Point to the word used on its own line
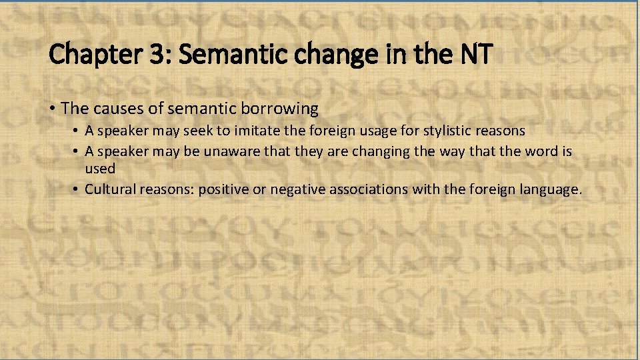coord(100,169)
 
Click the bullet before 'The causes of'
coord(53,107)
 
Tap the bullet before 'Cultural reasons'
coord(78,189)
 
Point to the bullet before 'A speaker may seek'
coord(78,131)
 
